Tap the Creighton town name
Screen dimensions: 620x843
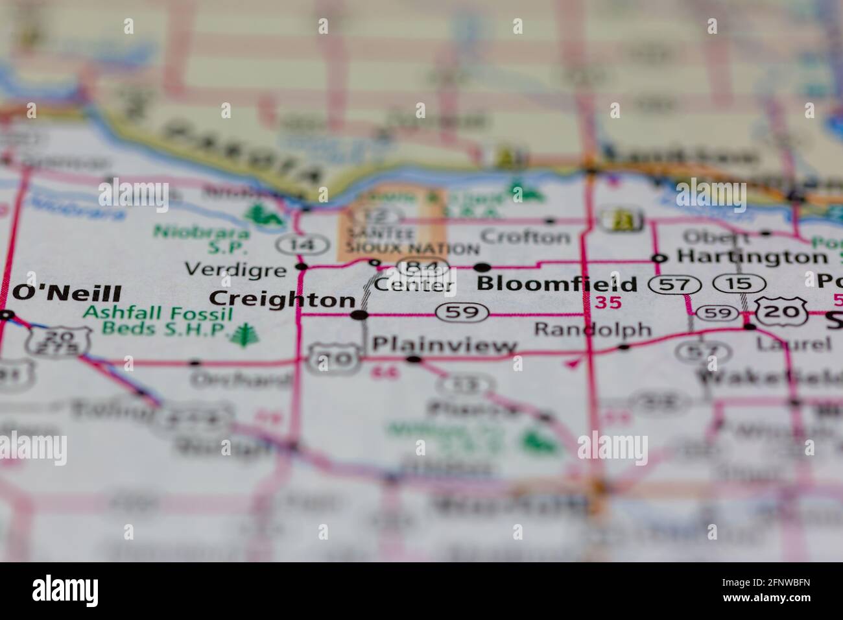[x=283, y=299]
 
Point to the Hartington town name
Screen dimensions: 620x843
[x=743, y=257]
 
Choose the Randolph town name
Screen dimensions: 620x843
[x=592, y=329]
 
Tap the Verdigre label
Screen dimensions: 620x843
[x=235, y=268]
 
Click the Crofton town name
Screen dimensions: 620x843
[x=526, y=237]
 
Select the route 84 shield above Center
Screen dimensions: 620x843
[x=424, y=267]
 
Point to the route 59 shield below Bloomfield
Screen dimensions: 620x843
[x=462, y=313]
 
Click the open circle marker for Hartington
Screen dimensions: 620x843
[x=659, y=258]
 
